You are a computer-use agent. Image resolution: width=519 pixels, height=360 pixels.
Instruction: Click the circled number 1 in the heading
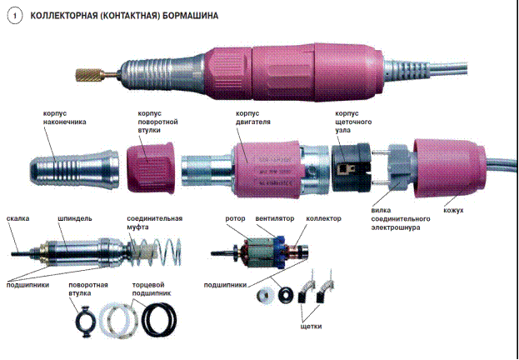pos(14,16)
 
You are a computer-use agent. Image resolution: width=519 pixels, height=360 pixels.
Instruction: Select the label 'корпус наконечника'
pos(64,117)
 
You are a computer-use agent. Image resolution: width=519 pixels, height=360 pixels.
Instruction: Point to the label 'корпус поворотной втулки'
pos(157,122)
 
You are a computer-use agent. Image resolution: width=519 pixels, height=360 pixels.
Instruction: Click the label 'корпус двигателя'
pos(253,117)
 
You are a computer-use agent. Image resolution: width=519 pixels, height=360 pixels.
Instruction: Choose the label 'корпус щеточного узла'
pos(353,122)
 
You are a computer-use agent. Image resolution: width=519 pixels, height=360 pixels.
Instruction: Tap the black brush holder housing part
pos(351,167)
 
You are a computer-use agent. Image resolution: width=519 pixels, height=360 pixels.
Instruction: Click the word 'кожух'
pos(453,210)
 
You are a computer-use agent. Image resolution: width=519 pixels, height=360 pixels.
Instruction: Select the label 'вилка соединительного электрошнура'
pos(401,219)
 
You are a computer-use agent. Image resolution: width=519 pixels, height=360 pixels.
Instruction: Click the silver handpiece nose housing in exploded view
pos(74,169)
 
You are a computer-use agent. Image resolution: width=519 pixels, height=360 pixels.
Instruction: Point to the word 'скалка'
pos(17,218)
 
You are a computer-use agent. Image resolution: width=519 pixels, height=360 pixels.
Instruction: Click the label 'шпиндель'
pos(75,219)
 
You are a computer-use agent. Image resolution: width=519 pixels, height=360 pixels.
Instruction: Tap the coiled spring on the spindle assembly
pos(156,252)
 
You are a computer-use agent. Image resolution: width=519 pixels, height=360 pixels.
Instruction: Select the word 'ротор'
pos(235,219)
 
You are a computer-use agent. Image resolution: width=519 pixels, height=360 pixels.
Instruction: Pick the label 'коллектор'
pos(323,219)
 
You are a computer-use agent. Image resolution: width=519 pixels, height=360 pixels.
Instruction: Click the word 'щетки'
pos(311,326)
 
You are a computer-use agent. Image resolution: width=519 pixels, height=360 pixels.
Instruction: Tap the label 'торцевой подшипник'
pos(152,289)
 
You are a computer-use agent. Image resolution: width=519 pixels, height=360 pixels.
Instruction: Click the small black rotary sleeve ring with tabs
pos(86,321)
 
